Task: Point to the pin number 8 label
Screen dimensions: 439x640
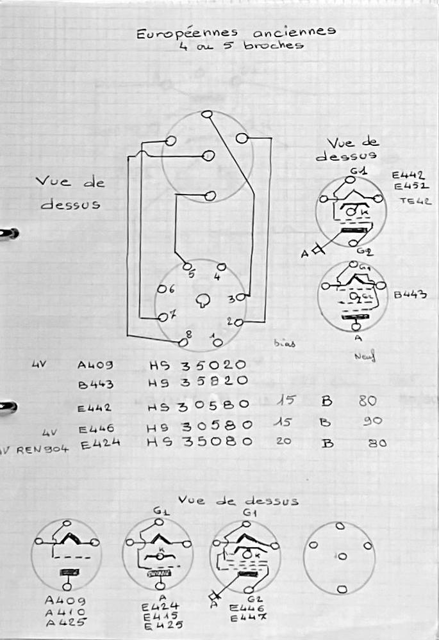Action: [x=188, y=333]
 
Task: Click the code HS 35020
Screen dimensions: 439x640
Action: [x=197, y=365]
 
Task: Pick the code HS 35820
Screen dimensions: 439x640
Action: [x=197, y=382]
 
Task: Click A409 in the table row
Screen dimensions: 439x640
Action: [x=95, y=365]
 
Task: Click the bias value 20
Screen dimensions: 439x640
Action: [x=283, y=441]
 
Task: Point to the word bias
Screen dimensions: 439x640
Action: [x=285, y=343]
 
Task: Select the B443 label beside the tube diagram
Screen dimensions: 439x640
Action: [x=411, y=295]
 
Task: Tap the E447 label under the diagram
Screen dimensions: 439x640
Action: [x=244, y=617]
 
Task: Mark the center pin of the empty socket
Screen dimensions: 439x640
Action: [x=342, y=556]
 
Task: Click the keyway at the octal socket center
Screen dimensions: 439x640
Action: [x=203, y=300]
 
